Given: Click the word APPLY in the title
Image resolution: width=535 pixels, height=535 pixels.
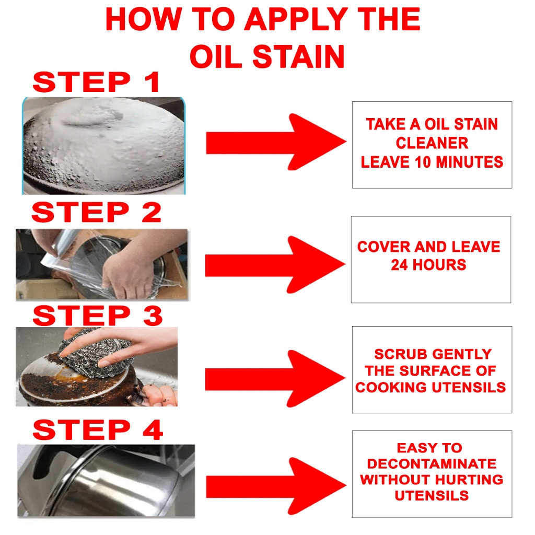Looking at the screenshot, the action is pos(295,19).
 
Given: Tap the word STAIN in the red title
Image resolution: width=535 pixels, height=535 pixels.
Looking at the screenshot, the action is pos(298,56).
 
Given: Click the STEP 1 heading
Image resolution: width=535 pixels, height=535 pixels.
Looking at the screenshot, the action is pos(96,82).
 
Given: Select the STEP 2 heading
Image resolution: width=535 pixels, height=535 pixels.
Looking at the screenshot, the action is pos(96,212).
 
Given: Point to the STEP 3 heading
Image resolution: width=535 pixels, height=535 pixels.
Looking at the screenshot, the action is pos(97,316).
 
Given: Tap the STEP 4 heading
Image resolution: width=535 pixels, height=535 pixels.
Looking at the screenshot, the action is pos(97,430).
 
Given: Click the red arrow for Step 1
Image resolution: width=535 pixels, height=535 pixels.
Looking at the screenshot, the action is pos(276,142).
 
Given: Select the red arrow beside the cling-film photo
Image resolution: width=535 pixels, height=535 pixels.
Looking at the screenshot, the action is pos(275,265).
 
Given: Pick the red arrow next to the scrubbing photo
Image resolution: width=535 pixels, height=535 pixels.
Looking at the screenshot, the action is pos(275,379).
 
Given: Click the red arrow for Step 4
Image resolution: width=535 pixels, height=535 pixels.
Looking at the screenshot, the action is pos(276,486).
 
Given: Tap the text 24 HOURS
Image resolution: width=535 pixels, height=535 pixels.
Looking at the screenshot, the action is pos(428,265).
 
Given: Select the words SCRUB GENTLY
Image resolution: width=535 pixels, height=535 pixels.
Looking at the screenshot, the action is pos(433,354).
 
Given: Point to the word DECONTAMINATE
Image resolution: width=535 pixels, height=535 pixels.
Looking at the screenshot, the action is pos(432,464).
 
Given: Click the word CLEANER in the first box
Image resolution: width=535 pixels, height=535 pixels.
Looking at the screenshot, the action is pos(432,143).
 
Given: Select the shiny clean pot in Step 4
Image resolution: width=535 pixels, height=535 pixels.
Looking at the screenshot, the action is pos(113,481).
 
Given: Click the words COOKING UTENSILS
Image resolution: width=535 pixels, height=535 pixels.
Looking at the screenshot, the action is pos(431,387).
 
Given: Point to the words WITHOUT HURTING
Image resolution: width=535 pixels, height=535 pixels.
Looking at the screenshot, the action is pos(432,480).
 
